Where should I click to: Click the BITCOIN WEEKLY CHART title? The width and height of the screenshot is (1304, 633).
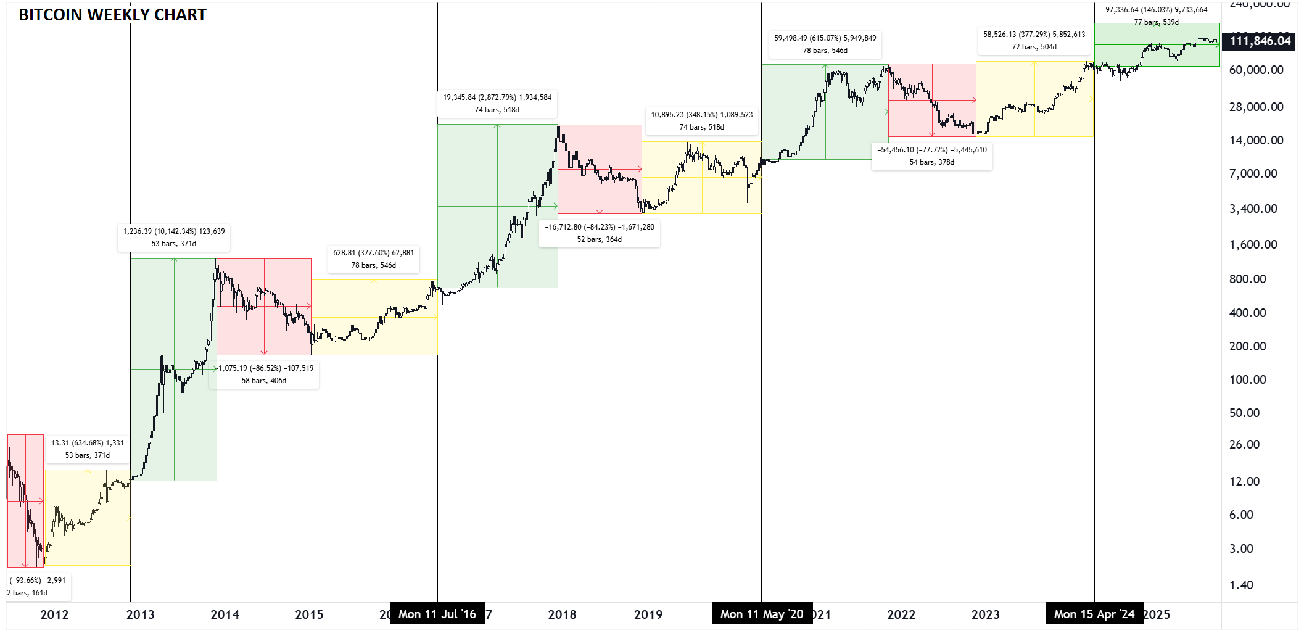click(112, 15)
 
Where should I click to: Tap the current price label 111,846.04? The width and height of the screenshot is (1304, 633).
click(1260, 41)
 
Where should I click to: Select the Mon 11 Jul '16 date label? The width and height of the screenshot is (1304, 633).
click(437, 614)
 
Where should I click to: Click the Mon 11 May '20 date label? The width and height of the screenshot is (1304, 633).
click(762, 614)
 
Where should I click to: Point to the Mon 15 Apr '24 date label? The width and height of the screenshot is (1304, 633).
click(1094, 614)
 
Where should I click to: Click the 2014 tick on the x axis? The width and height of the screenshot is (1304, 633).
click(225, 614)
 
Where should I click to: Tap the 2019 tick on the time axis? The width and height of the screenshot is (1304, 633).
click(648, 614)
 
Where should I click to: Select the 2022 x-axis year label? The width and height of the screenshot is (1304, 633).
click(901, 614)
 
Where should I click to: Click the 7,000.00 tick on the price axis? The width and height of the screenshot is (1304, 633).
click(1253, 174)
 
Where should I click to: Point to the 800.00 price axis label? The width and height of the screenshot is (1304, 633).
click(1247, 279)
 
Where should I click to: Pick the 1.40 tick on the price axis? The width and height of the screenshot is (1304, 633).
click(1241, 585)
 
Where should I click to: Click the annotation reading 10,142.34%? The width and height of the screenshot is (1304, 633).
click(174, 238)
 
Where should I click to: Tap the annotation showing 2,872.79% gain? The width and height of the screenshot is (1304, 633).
click(497, 103)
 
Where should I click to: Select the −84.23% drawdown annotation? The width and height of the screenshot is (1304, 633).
click(599, 233)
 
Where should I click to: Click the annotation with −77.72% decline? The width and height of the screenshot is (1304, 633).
click(931, 156)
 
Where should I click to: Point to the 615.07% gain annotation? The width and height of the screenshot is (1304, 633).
click(825, 44)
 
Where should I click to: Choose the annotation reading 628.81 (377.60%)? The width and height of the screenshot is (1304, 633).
click(373, 259)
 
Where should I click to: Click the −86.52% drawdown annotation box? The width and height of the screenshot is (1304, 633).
click(265, 374)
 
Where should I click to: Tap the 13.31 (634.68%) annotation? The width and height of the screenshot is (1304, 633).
click(87, 449)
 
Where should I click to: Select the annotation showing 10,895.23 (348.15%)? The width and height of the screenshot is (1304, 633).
click(701, 120)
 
